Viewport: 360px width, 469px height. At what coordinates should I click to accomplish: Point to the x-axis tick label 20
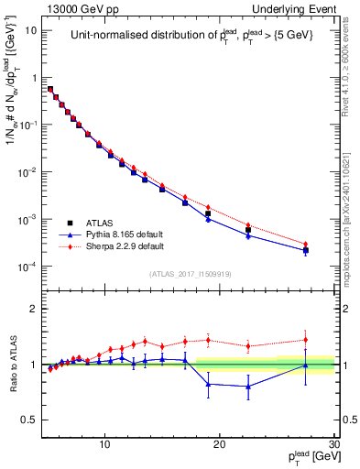pos(220,444)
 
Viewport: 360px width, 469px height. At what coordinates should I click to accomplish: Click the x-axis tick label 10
pos(105,444)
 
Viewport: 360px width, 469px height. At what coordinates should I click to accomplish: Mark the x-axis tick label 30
pos(333,444)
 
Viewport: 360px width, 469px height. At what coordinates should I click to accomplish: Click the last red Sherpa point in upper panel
pos(306,245)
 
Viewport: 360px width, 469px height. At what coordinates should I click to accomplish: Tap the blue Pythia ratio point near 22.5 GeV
pos(248,387)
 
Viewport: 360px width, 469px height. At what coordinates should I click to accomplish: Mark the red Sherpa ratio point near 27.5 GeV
pos(306,340)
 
